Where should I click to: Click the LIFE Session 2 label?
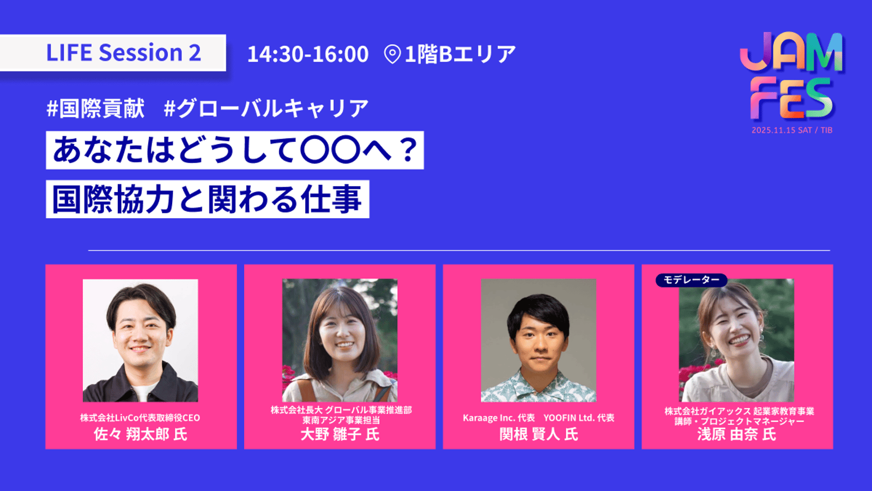coord(123,53)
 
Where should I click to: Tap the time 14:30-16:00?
coord(308,54)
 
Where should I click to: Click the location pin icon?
coord(392,54)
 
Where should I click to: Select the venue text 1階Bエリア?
coord(461,54)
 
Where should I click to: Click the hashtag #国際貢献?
coord(96,108)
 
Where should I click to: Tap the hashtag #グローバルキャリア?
coord(267,108)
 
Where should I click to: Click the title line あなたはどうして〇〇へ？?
coord(235,150)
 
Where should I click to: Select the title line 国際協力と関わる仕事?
coord(207,199)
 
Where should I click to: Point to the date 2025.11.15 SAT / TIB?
coord(792,130)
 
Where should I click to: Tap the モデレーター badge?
coord(691,280)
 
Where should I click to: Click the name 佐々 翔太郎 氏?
coord(141,434)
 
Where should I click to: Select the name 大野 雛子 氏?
coord(340,434)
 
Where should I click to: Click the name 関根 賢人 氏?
coord(538,434)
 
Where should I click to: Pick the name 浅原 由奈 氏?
coord(737,434)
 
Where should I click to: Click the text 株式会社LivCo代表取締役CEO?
coord(140,418)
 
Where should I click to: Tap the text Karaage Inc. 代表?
coord(499,418)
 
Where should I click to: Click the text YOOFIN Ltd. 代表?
coord(579,418)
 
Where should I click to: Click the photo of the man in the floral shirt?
coord(538,340)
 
